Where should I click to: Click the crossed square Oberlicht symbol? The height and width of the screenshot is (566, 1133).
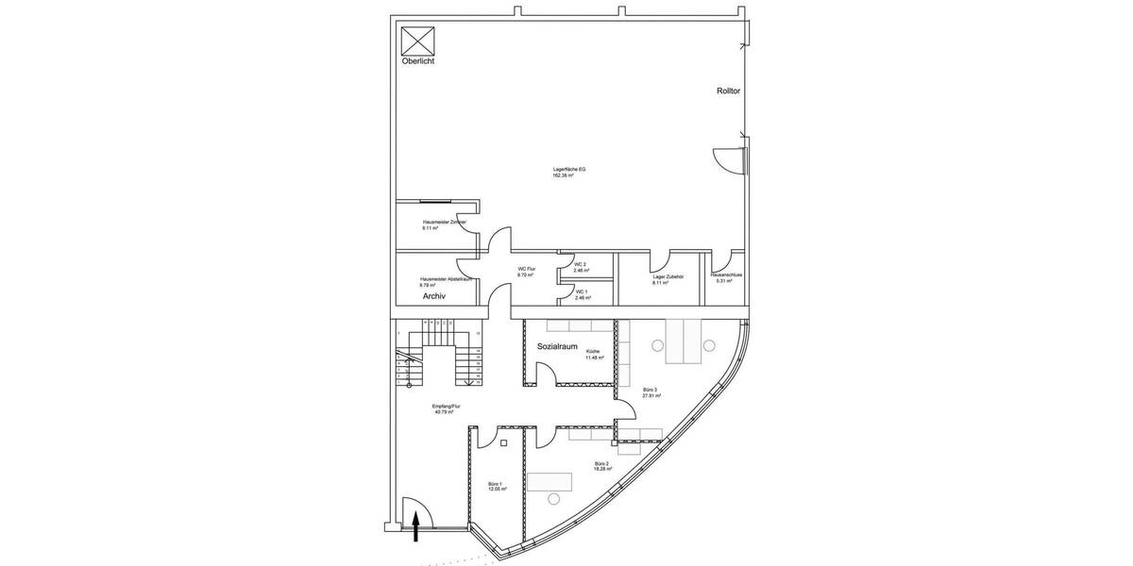pos(416,42)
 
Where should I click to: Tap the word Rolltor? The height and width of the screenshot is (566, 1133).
pos(728,92)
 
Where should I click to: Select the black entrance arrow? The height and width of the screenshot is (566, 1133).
pos(415,527)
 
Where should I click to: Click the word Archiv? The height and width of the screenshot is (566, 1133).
pos(434,296)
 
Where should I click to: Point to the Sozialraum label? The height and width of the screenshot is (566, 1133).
pos(557,347)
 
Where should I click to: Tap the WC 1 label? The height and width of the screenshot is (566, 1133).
pos(582,294)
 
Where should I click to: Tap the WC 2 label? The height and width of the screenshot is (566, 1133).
pos(582,267)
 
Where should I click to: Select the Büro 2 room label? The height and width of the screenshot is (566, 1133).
pos(601,466)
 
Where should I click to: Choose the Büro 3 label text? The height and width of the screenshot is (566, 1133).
pos(650,392)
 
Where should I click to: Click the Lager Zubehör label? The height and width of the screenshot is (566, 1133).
pos(667,278)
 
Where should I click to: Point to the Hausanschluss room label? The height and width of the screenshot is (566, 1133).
pos(726,277)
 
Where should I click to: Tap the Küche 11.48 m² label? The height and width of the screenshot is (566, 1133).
pos(593,355)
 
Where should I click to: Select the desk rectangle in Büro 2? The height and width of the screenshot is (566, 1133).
pos(548,482)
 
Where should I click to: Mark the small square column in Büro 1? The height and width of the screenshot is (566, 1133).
pos(503,441)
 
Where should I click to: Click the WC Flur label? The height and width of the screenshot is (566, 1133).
pos(526,272)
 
